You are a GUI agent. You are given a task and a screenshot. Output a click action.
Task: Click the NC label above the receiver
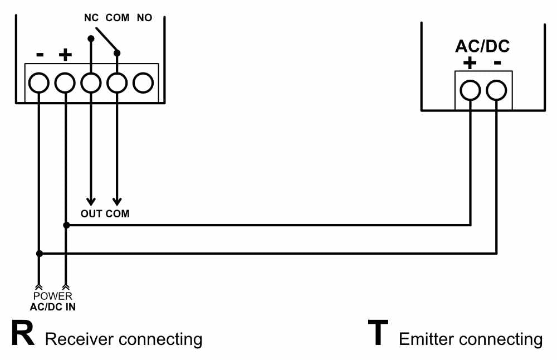coord(91,17)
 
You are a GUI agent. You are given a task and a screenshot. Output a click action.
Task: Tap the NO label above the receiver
coord(145,17)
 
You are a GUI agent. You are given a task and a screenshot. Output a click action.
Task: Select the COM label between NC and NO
coord(118,17)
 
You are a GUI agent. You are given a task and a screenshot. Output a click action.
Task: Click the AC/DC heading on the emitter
coord(482,46)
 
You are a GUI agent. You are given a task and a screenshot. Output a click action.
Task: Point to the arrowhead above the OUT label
coord(91,202)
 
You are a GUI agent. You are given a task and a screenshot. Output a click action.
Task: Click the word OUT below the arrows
coord(91,213)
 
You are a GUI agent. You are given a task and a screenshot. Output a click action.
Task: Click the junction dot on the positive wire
coord(66,225)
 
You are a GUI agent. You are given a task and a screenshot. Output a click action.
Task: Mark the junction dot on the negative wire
coord(40,254)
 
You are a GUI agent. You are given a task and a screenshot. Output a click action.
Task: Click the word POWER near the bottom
coord(52,296)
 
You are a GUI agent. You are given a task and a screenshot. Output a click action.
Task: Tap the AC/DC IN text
coord(52,307)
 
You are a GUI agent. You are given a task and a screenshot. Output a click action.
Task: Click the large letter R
coord(23,333)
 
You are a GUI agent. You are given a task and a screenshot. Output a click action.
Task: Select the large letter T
coord(378,333)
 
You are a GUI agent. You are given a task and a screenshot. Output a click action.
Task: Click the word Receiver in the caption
coord(80,339)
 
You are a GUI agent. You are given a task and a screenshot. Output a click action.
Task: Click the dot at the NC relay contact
coord(91,38)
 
